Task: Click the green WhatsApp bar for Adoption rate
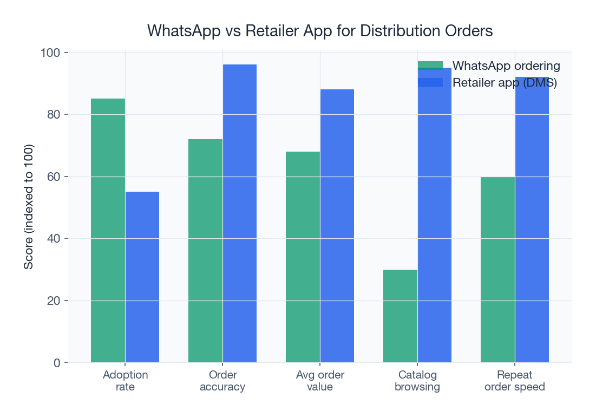108,230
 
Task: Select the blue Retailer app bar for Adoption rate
142,277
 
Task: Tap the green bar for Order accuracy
205,251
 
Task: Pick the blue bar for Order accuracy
239,213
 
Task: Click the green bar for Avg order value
303,257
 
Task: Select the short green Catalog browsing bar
400,316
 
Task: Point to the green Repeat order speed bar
497,269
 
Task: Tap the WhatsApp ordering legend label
506,66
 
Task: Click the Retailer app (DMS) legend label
505,82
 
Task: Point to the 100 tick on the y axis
51,53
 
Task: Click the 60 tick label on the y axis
54,177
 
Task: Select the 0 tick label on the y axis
57,363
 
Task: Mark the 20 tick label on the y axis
54,301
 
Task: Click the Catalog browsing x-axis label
417,381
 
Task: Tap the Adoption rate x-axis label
125,381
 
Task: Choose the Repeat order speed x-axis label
515,381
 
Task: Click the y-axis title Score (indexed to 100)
29,207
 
